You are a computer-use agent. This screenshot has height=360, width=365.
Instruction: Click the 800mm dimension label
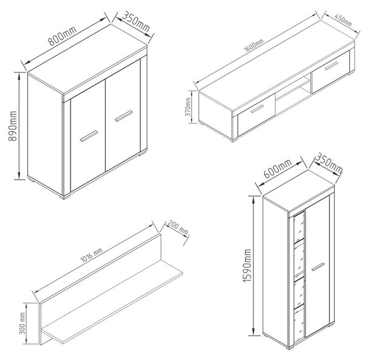click(62, 36)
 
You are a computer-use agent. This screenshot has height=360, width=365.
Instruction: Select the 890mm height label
click(13, 126)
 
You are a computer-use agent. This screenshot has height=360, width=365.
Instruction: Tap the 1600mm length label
click(254, 46)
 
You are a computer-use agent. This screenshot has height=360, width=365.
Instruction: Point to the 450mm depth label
click(343, 20)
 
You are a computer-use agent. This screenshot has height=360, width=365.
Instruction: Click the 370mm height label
click(188, 107)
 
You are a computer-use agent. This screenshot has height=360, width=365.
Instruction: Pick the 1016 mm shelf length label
click(91, 255)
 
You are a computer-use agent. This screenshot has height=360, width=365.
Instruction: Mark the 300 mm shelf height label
click(23, 323)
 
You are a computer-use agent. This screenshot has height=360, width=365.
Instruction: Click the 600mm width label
click(277, 168)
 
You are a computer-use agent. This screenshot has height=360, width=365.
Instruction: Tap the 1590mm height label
click(247, 266)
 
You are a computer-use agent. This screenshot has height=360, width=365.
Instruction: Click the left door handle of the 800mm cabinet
click(89, 136)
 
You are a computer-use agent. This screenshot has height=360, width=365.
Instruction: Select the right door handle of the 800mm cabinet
click(123, 116)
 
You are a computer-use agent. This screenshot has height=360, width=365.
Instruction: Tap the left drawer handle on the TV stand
click(257, 109)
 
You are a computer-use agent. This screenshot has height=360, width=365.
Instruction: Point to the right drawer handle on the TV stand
click(332, 66)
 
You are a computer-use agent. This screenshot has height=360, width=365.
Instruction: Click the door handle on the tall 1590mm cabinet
click(318, 267)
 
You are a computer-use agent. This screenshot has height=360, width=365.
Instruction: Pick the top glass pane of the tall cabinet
click(299, 228)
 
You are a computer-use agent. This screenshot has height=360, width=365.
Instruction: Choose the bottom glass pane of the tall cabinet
click(299, 325)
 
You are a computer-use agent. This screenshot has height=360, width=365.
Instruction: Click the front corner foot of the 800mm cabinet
click(66, 197)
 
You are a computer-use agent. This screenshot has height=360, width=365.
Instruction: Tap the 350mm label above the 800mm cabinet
click(136, 21)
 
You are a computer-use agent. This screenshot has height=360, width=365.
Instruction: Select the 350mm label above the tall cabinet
click(328, 163)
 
